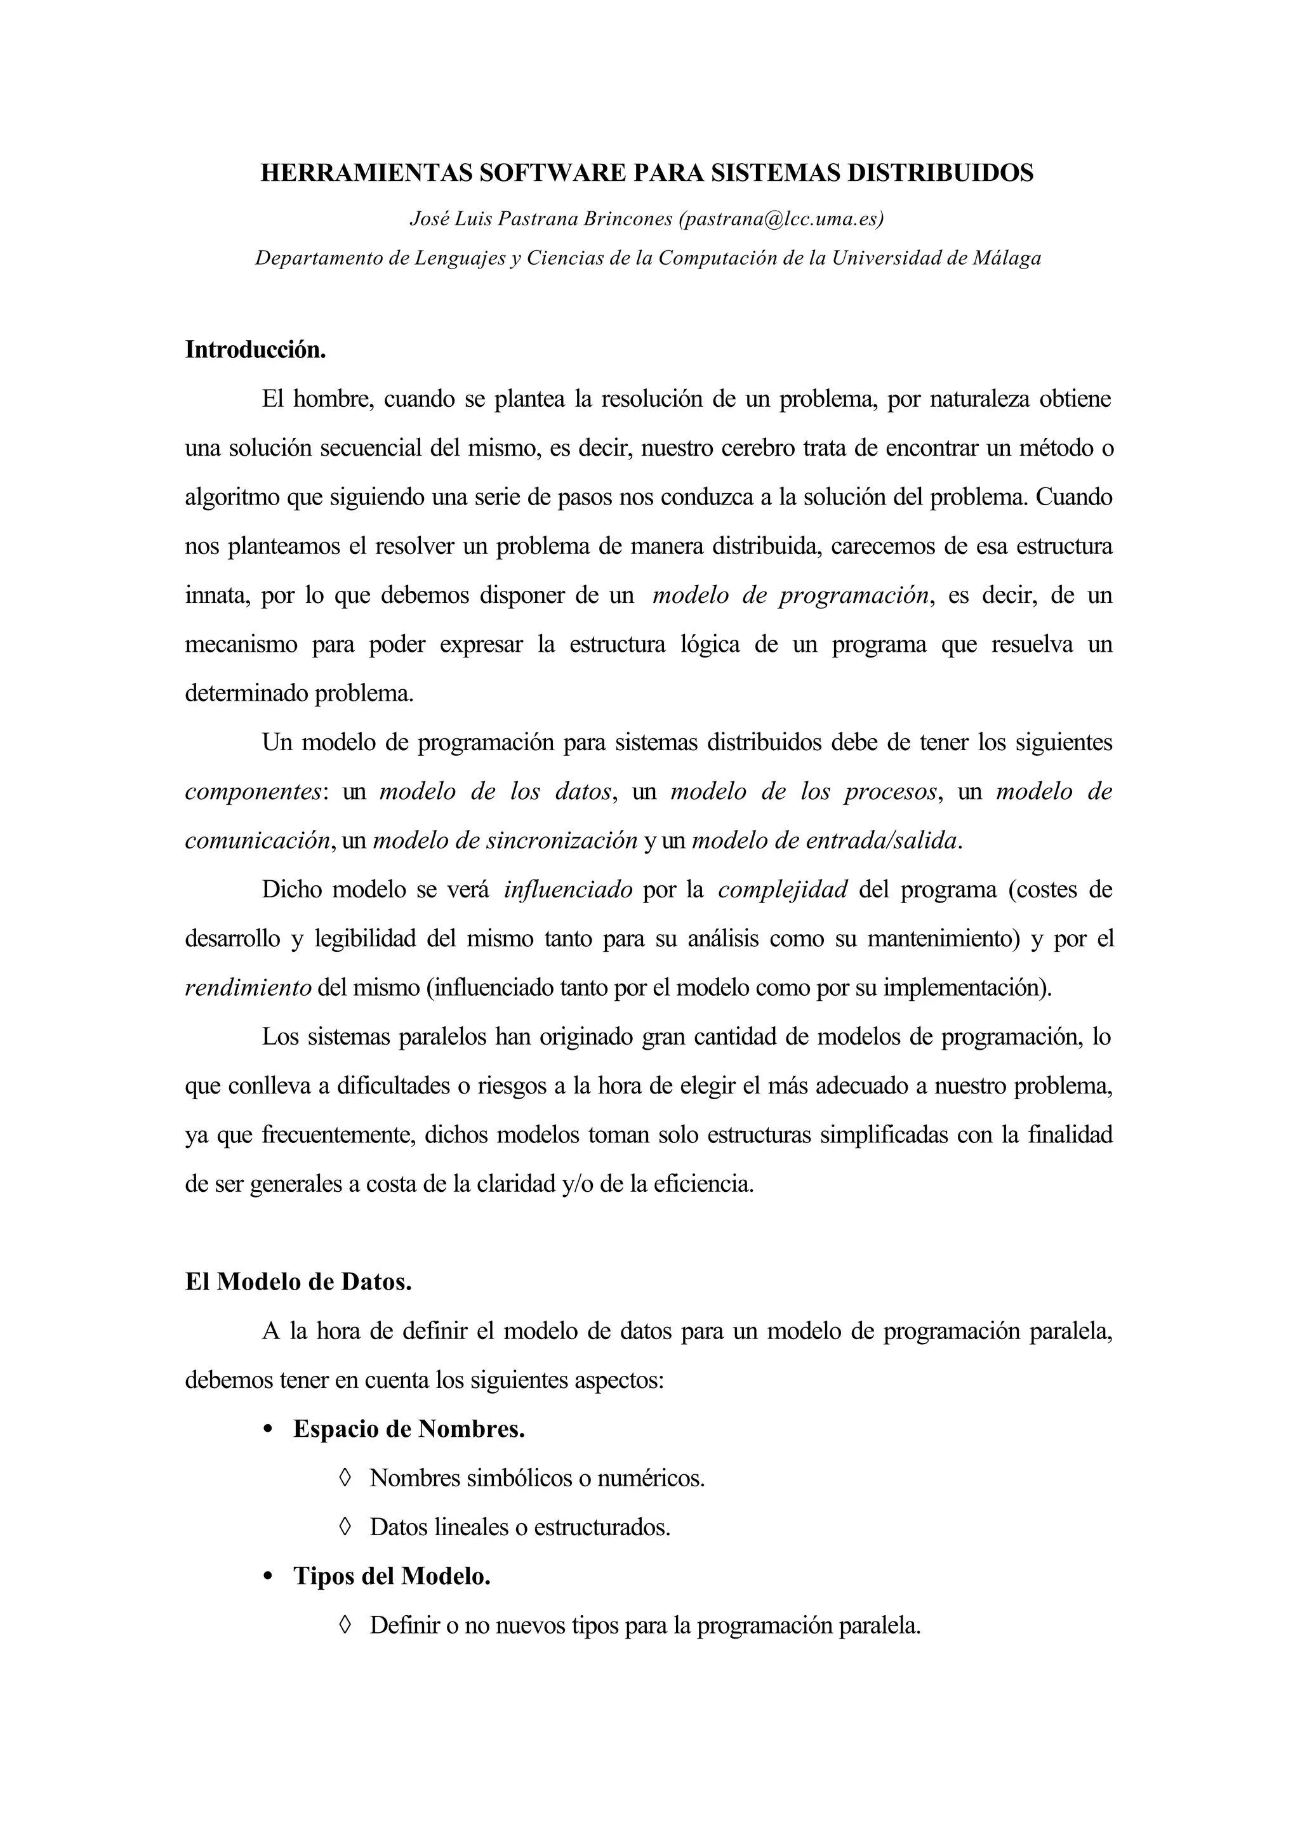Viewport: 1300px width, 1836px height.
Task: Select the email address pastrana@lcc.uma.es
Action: coord(781,218)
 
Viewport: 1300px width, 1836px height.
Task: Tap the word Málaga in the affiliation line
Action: coord(1005,258)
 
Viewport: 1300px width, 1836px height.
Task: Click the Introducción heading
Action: coord(255,350)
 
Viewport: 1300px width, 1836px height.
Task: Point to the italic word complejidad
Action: coord(782,890)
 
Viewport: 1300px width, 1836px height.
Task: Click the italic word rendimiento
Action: coord(248,987)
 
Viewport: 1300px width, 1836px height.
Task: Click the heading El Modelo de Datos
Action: coord(298,1282)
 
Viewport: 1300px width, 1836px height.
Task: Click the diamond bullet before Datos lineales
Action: coord(345,1527)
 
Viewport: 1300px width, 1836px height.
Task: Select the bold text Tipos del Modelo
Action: coord(392,1576)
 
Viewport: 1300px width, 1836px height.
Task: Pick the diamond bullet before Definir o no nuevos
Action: coord(345,1625)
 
